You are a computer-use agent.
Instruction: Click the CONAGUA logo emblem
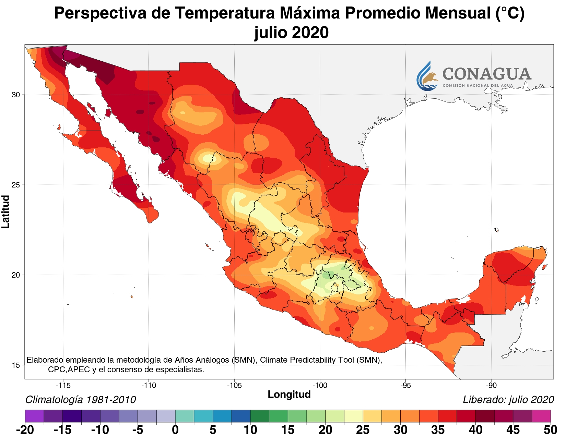point(427,76)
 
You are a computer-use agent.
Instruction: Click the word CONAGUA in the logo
point(487,74)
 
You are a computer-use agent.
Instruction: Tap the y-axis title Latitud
point(6,211)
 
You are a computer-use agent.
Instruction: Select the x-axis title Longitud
point(289,394)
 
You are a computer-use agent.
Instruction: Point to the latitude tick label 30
point(16,95)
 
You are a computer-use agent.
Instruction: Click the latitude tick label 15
point(16,365)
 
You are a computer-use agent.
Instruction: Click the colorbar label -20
point(25,430)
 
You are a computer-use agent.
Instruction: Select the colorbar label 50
point(550,430)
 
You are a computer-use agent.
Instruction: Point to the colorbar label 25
point(363,430)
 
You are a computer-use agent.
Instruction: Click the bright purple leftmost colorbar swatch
point(34,416)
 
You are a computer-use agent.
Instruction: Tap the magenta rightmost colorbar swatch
point(541,416)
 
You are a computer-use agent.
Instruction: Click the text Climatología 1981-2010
point(81,400)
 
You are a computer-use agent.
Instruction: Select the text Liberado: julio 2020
point(508,400)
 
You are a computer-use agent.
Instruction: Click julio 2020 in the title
point(291,33)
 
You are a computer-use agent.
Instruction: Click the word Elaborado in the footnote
point(45,360)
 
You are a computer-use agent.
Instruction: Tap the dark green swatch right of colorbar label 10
point(260,416)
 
